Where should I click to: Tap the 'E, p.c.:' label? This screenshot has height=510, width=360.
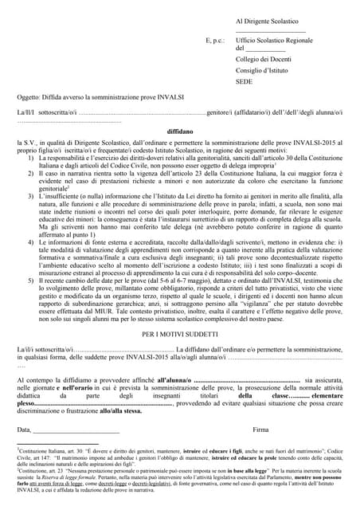[x=215, y=38]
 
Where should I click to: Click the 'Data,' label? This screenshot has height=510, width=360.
[x=25, y=430]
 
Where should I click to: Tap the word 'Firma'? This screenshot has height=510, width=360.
[x=260, y=430]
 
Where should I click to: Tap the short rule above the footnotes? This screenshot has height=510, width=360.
[x=57, y=444]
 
